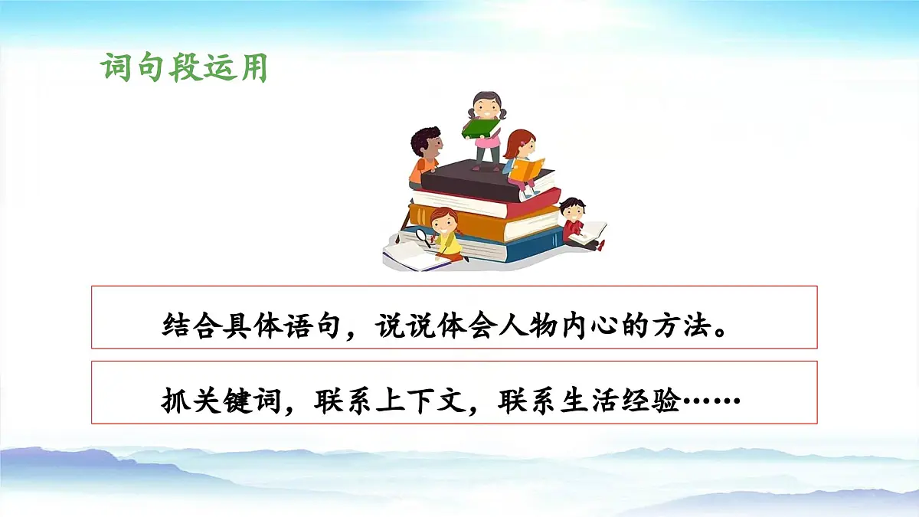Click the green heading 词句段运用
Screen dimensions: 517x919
(x=184, y=68)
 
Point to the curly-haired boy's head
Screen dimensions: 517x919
(x=425, y=143)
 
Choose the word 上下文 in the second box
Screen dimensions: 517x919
(x=420, y=401)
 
